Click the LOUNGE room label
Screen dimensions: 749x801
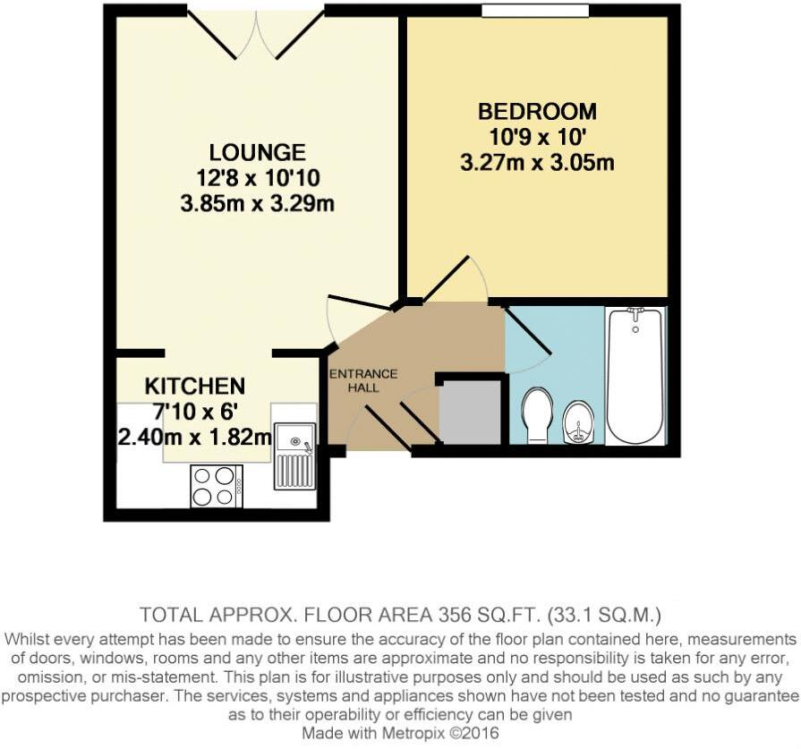257,152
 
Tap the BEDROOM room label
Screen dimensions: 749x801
537,112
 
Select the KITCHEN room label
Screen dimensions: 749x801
195,387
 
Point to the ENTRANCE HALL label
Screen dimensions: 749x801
362,380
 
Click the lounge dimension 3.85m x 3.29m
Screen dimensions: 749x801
257,204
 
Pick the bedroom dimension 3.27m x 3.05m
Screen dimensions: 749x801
537,164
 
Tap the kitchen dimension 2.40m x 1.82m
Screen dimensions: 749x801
195,438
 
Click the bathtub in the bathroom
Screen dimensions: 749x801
635,376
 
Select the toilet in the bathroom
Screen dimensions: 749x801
537,414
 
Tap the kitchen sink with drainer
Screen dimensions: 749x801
294,454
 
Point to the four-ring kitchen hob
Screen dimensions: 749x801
216,487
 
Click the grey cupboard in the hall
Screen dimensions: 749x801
470,412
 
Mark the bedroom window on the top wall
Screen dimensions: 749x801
535,11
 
